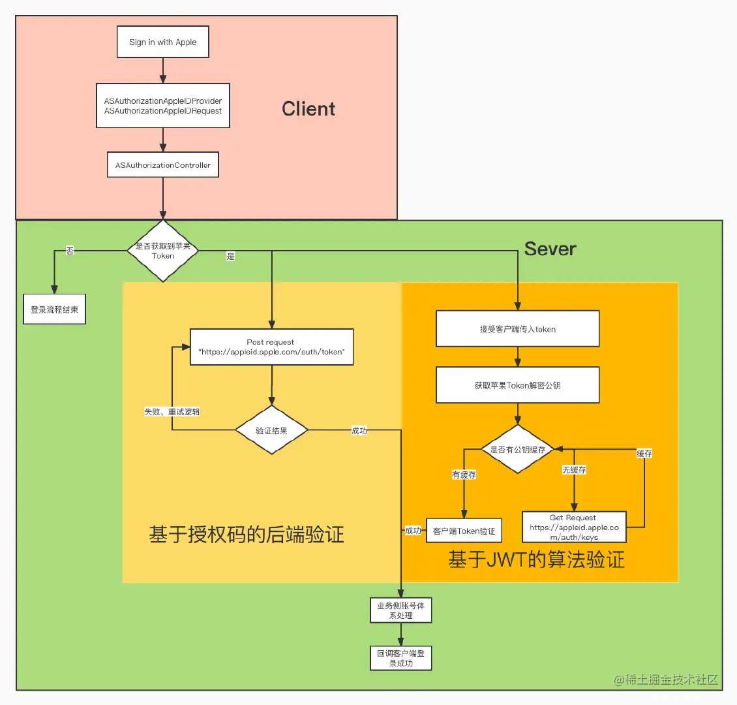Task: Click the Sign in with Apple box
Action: [x=162, y=42]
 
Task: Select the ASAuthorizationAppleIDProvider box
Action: [x=162, y=106]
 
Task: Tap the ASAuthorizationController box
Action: [x=162, y=165]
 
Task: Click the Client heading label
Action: [x=308, y=109]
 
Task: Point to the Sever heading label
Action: [x=550, y=249]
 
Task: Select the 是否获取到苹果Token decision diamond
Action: [x=162, y=251]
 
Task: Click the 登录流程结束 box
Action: [x=54, y=310]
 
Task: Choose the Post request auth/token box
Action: [x=271, y=347]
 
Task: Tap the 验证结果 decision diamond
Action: [x=271, y=430]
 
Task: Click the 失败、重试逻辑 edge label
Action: [x=172, y=412]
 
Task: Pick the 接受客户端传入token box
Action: [x=517, y=329]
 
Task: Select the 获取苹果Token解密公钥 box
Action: [x=517, y=385]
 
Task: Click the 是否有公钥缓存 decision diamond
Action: [x=517, y=449]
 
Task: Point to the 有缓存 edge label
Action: [x=464, y=475]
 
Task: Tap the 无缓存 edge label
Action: [x=574, y=469]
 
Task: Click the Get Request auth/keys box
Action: [x=574, y=527]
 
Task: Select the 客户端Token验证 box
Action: [x=464, y=531]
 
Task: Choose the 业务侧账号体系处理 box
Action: [x=400, y=610]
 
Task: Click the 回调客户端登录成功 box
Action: [x=400, y=658]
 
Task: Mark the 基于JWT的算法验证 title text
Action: [x=536, y=559]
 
